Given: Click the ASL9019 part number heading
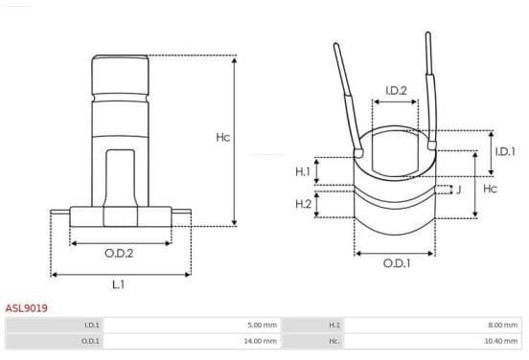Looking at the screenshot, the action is [x=26, y=308].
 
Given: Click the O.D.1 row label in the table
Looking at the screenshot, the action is [x=90, y=341].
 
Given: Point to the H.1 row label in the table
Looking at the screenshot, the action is [x=334, y=325].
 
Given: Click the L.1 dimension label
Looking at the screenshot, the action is [x=119, y=284].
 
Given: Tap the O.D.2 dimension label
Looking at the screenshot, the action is [x=119, y=253].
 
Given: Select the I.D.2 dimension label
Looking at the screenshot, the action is [x=396, y=90].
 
